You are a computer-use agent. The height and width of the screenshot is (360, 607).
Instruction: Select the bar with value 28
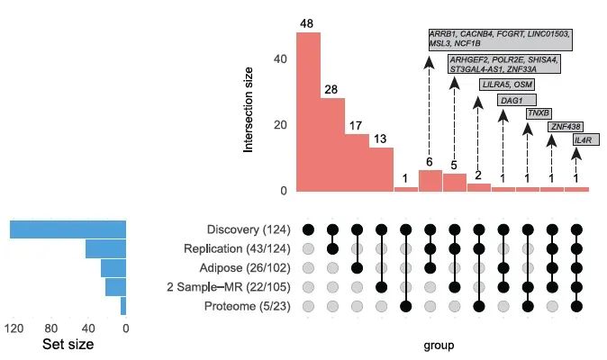pos(332,144)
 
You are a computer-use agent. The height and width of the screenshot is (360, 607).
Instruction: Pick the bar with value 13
pos(381,169)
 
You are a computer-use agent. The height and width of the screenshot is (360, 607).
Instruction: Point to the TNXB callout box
pos(539,113)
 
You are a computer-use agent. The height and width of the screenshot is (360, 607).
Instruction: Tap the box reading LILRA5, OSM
pos(507,84)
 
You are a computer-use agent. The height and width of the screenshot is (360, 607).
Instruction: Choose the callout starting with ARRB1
pos(501,40)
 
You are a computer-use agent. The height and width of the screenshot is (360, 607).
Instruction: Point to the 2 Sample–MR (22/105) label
pos(233,287)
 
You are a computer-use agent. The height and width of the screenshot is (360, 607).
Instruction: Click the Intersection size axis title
pos(249,112)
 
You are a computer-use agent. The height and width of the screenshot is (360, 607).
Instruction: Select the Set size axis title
pos(68,344)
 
